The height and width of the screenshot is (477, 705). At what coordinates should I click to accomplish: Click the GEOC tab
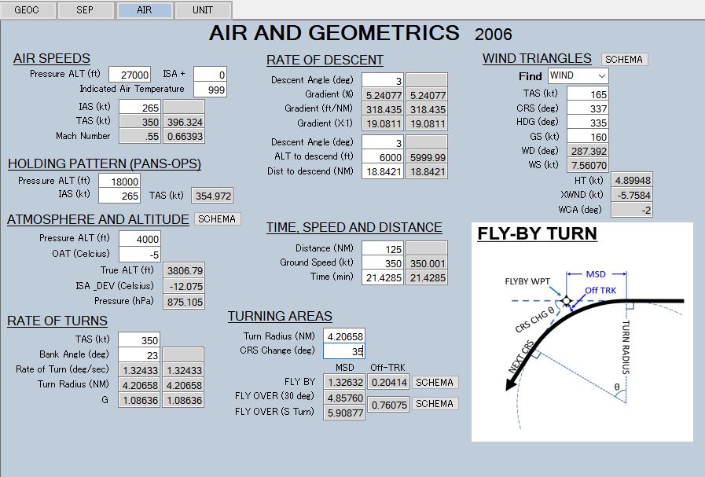tap(27, 10)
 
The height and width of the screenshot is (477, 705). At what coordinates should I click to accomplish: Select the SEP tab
tap(85, 10)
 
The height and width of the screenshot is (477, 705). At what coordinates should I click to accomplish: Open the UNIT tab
tap(203, 10)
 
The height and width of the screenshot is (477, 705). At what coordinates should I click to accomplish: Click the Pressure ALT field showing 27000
tap(130, 75)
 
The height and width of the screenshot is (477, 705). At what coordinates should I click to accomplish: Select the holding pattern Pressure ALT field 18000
tap(139, 181)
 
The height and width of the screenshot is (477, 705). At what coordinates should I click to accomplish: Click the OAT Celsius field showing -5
tap(139, 254)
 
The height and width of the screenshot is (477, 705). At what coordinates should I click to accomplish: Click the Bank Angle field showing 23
tap(139, 355)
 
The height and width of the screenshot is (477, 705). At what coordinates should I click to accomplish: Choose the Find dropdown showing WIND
tap(578, 75)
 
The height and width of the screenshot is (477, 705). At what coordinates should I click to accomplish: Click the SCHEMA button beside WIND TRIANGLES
tap(625, 60)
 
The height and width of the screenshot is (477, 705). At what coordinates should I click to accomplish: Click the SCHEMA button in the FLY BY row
tap(435, 383)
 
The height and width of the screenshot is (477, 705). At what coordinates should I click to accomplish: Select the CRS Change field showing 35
tap(343, 351)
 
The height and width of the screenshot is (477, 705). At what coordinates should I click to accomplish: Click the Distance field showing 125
tap(382, 248)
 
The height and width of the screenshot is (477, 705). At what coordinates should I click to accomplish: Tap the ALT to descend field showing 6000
tap(382, 157)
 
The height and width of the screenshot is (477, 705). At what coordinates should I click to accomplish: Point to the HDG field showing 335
tap(586, 122)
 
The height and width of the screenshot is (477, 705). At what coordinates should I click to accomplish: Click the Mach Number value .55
tap(139, 137)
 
